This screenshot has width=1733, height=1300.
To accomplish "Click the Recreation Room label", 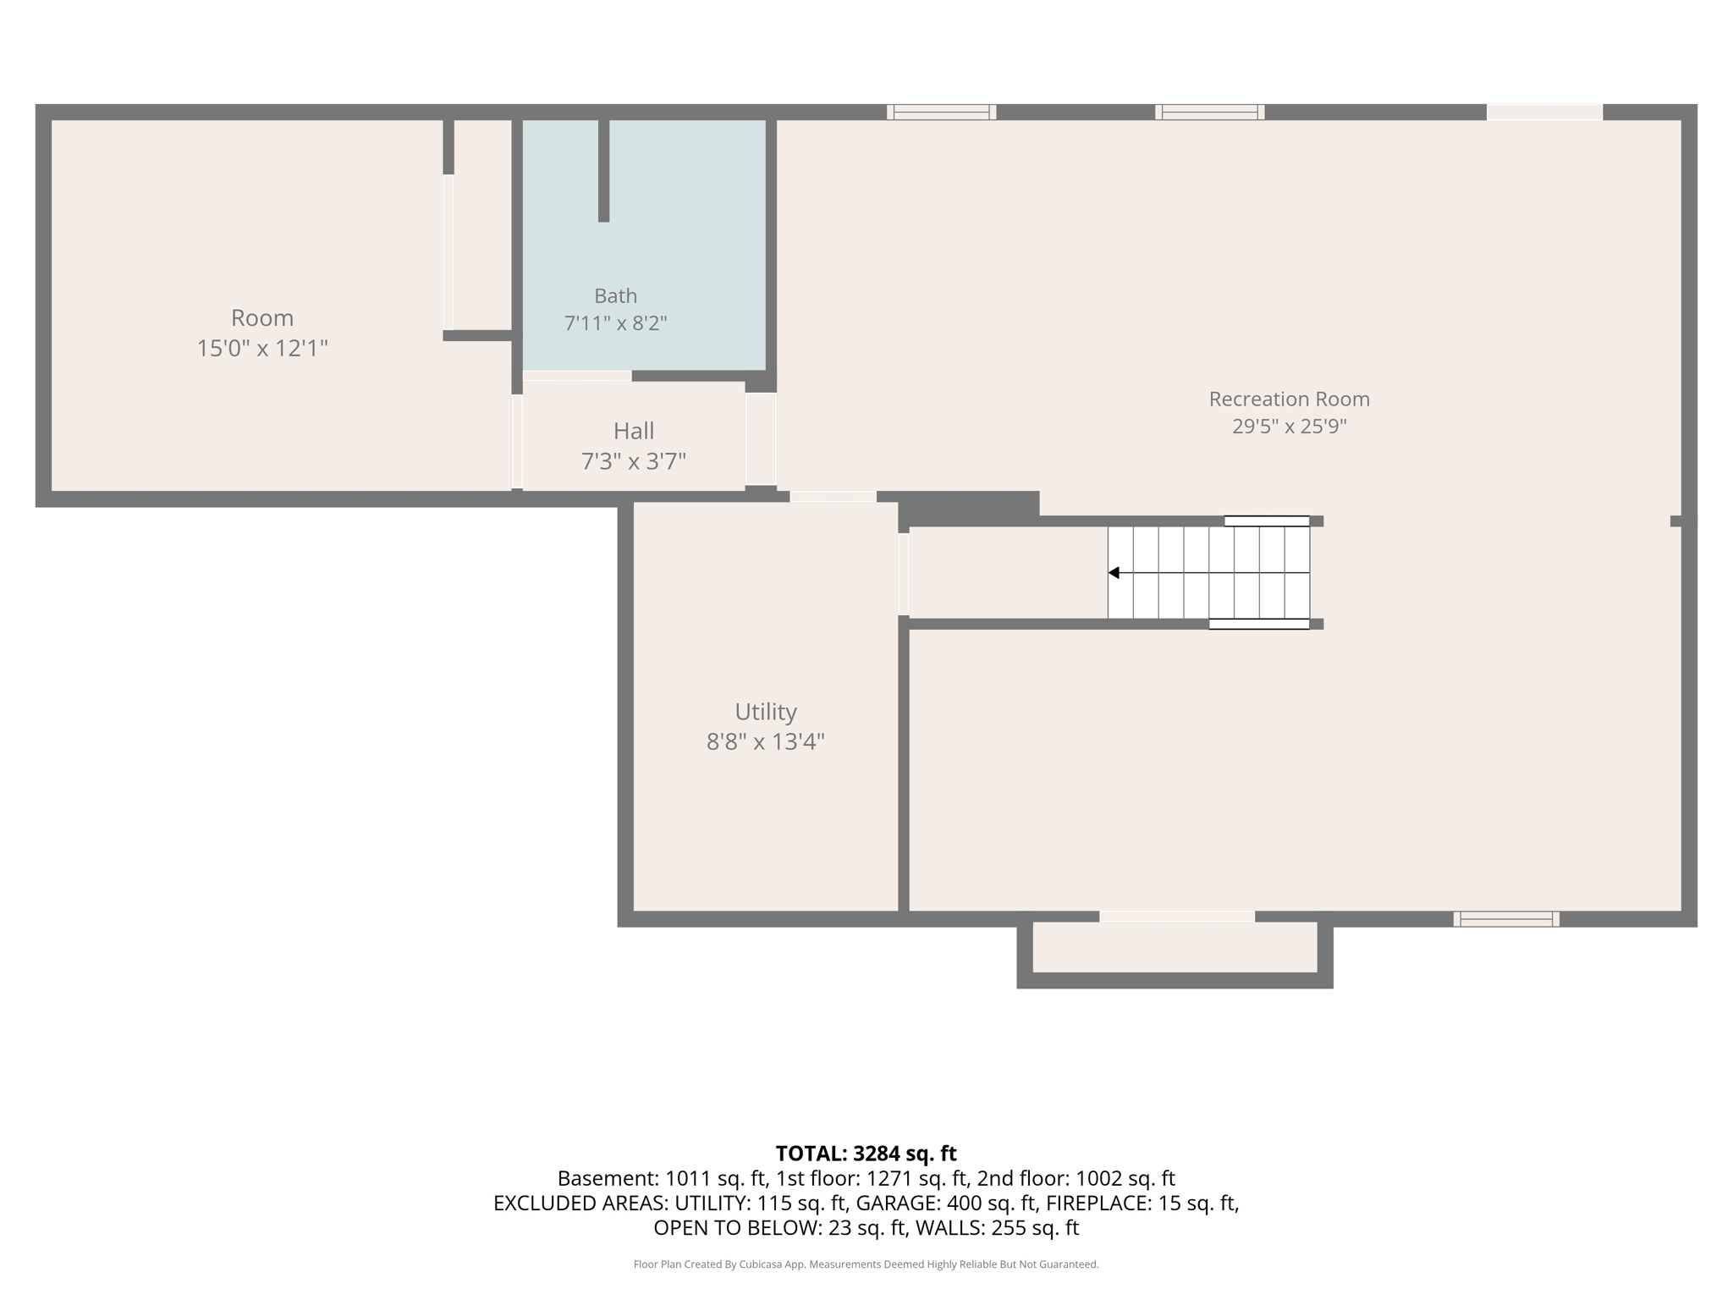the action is tap(1289, 399).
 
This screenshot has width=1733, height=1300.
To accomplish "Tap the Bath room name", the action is tap(615, 296).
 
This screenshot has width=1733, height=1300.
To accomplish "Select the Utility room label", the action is tap(766, 712).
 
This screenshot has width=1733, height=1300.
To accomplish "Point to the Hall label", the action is tap(634, 432).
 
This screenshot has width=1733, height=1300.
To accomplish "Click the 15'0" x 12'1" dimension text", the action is tap(262, 349).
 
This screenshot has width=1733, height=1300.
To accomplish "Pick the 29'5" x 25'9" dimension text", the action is tap(1289, 426).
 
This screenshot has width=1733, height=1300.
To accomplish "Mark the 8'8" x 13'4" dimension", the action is tap(766, 742).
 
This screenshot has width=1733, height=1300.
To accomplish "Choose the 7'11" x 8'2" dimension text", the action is tap(615, 323).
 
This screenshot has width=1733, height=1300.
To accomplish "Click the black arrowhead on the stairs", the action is tap(1114, 573).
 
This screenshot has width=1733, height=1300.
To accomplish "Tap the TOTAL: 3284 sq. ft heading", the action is tap(866, 1154).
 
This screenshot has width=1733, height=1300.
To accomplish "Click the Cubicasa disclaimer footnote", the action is tap(866, 1264).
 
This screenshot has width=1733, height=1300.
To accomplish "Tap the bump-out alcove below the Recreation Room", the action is tap(1175, 947).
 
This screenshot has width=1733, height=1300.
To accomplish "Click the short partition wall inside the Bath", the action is tap(603, 171).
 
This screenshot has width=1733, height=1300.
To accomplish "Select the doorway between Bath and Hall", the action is tap(577, 376).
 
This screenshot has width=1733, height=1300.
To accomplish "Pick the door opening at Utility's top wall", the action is tap(833, 497).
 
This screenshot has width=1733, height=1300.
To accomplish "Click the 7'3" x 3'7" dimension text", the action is tap(634, 461).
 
